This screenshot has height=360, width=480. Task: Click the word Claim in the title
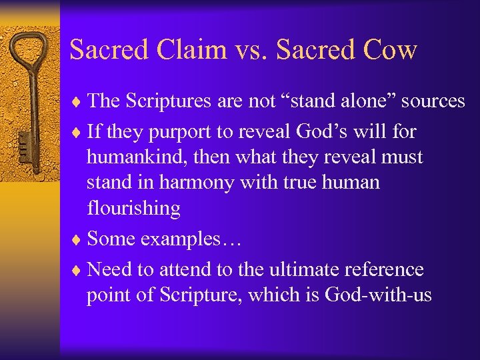(x=197, y=50)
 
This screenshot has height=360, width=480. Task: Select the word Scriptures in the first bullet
(x=174, y=101)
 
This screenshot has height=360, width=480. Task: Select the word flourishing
(x=133, y=209)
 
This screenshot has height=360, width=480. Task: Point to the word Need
(x=110, y=269)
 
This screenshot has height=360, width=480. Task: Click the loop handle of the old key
(x=29, y=53)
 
